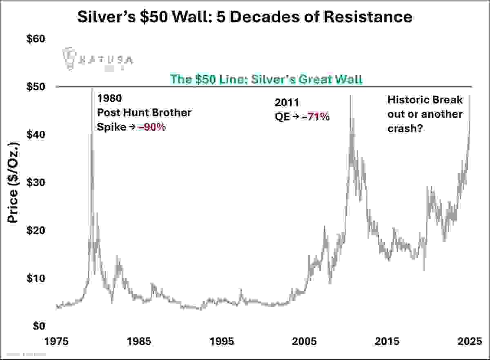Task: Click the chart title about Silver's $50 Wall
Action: pyautogui.click(x=245, y=17)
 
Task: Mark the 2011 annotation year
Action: pyautogui.click(x=287, y=102)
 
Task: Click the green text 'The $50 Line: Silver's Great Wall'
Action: pyautogui.click(x=266, y=79)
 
